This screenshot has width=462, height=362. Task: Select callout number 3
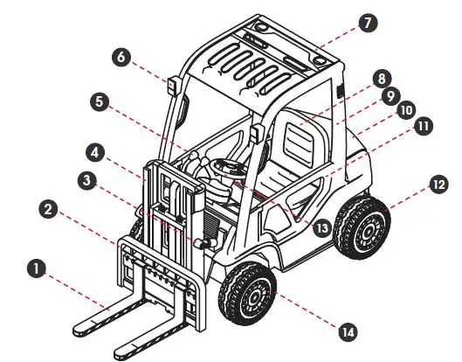pyautogui.click(x=86, y=181)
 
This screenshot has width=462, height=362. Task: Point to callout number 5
pyautogui.click(x=101, y=101)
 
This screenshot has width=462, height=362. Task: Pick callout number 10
pyautogui.click(x=405, y=111)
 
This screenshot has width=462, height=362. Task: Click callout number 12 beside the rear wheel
pyautogui.click(x=437, y=184)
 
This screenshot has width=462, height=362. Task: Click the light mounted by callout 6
pyautogui.click(x=173, y=87)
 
